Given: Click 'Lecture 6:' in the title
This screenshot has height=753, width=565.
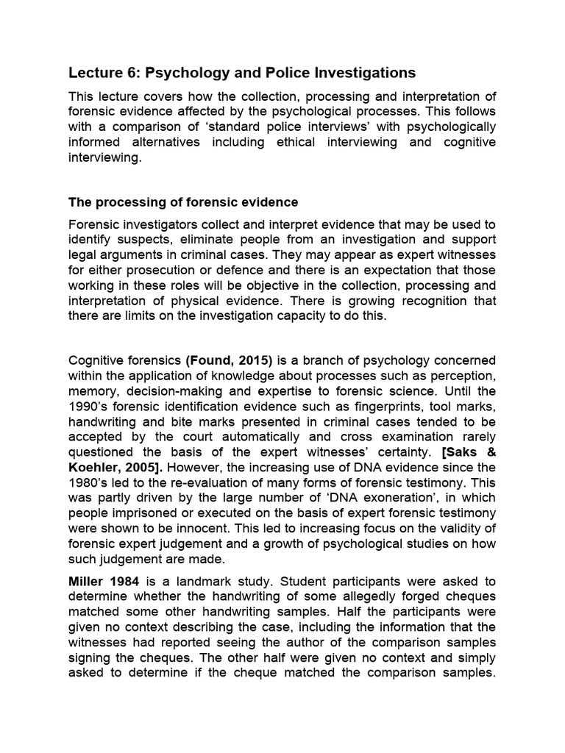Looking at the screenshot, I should coord(104,72).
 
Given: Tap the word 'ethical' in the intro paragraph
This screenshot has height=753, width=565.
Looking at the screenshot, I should coord(295,142).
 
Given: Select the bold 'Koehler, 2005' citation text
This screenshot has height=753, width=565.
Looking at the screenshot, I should coord(107,468).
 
